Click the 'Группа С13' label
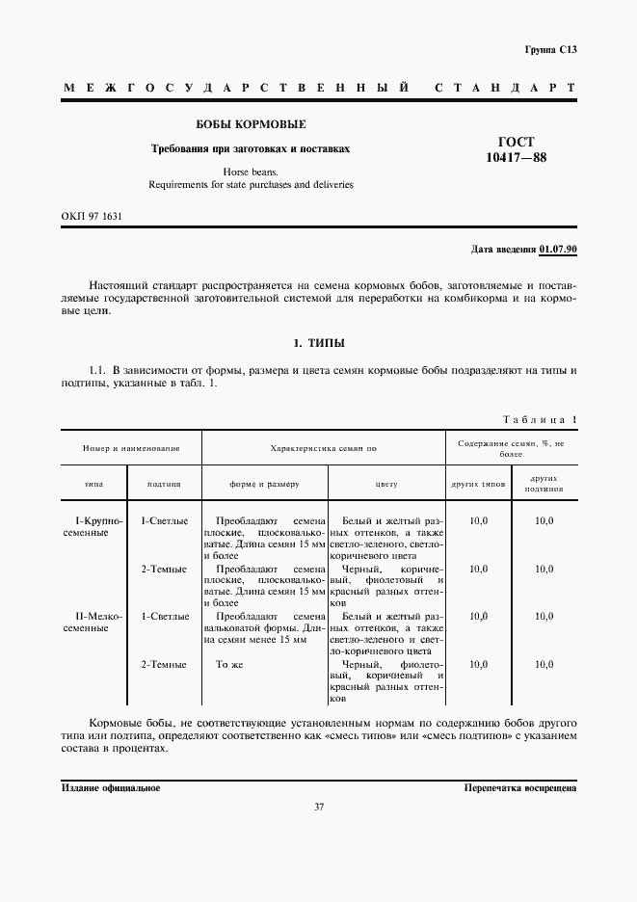(x=550, y=48)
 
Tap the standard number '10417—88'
(x=516, y=158)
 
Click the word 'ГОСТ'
(x=516, y=142)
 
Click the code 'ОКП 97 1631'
(x=92, y=216)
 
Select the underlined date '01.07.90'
(x=558, y=250)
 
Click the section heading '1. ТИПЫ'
(x=319, y=343)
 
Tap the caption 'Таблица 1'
(x=540, y=419)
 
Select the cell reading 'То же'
(x=227, y=664)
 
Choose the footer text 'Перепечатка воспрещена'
(x=520, y=787)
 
